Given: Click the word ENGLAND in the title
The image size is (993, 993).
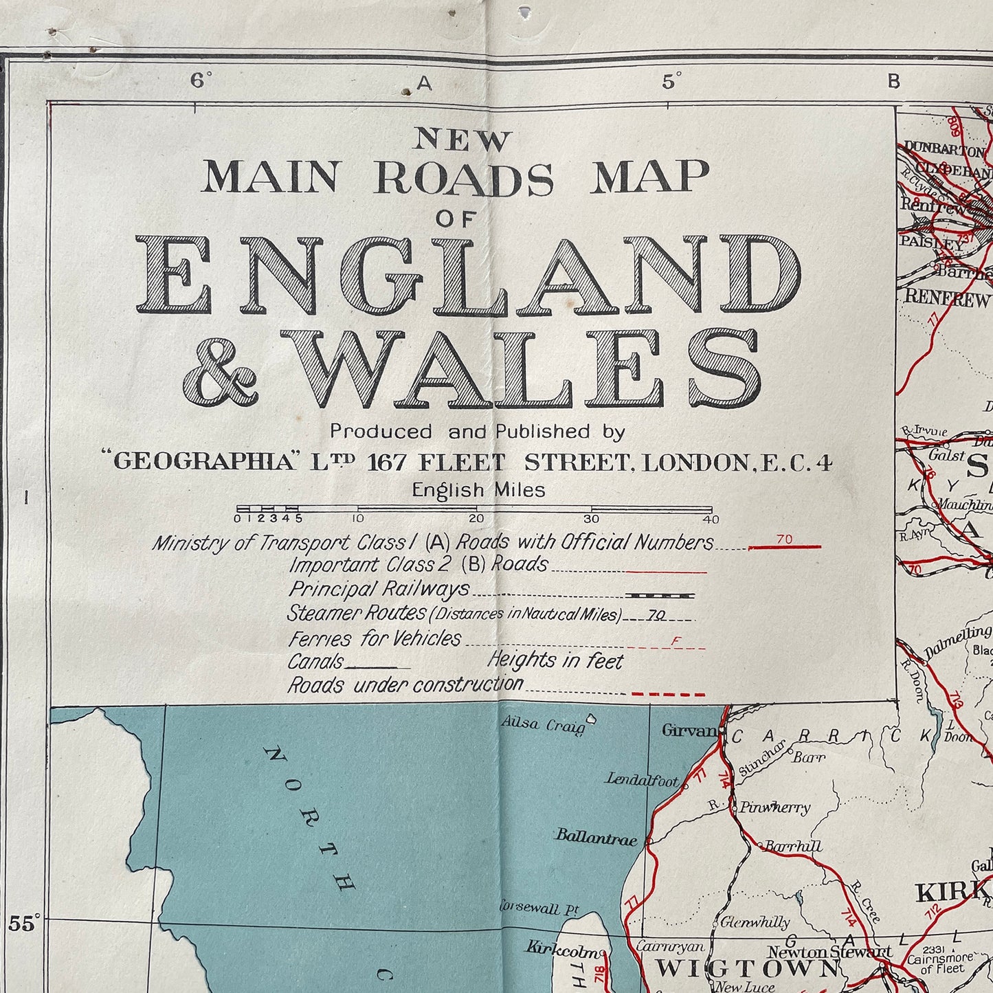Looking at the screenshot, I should [x=468, y=276].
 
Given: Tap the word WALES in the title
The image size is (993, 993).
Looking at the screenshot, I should [x=529, y=368].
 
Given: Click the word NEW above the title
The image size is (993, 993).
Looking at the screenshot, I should [x=462, y=141].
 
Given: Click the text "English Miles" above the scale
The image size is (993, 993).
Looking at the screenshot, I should [x=478, y=490].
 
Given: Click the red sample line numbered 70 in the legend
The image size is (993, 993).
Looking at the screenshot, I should [x=784, y=546].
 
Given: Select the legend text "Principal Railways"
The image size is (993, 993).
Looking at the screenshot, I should [x=379, y=589].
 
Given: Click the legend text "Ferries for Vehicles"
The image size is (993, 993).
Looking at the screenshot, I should [x=375, y=638].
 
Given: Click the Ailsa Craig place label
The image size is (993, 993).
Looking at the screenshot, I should [x=543, y=725].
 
